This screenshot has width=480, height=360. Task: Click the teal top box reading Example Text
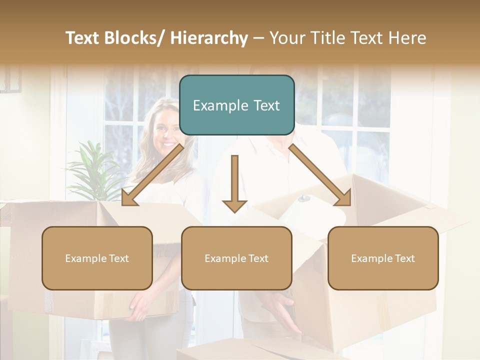coord(236,105)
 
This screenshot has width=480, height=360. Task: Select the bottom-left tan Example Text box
coord(97,258)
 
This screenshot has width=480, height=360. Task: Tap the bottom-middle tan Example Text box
coord(236,258)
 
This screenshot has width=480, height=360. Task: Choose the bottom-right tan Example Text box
coord(383,258)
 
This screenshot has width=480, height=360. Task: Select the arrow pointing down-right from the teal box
coord(320,175)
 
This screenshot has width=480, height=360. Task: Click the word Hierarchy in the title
coord(209,38)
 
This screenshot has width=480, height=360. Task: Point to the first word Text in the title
coord(82,38)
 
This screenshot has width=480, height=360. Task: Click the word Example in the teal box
coord(213,105)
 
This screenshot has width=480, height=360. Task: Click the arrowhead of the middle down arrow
coord(234,205)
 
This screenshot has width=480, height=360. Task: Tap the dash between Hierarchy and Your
coord(259,38)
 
